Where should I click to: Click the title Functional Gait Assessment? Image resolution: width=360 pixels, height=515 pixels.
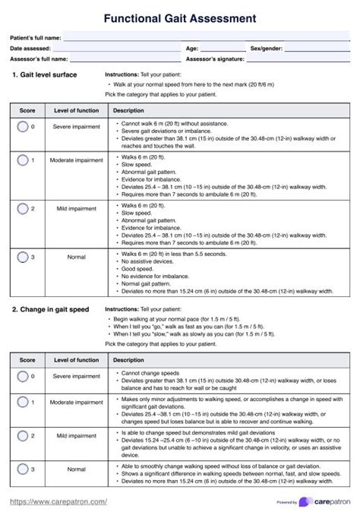tap(180, 17)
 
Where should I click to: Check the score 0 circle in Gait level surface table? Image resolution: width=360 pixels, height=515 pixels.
tap(24, 126)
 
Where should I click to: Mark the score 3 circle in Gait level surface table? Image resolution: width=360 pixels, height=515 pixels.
tap(24, 257)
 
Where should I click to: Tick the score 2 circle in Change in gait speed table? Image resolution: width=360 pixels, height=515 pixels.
tap(24, 436)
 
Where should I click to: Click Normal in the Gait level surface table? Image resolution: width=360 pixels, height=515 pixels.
tap(76, 257)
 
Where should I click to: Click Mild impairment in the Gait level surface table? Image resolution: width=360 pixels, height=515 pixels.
tap(76, 207)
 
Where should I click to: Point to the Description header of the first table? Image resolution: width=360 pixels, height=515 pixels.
tap(128, 111)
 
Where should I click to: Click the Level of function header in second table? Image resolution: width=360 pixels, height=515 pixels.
tap(76, 360)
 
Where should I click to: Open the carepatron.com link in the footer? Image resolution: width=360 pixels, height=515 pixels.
tap(58, 501)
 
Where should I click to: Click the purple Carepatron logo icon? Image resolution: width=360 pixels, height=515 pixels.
tap(305, 501)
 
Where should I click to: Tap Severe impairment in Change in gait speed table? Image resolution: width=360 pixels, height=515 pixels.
tap(76, 377)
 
